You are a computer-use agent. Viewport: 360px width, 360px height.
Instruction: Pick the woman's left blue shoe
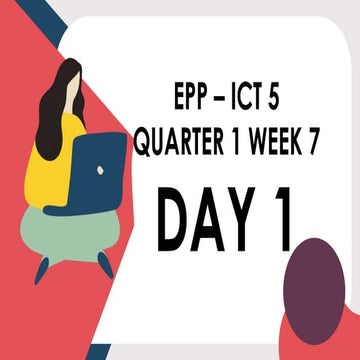(41, 268)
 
